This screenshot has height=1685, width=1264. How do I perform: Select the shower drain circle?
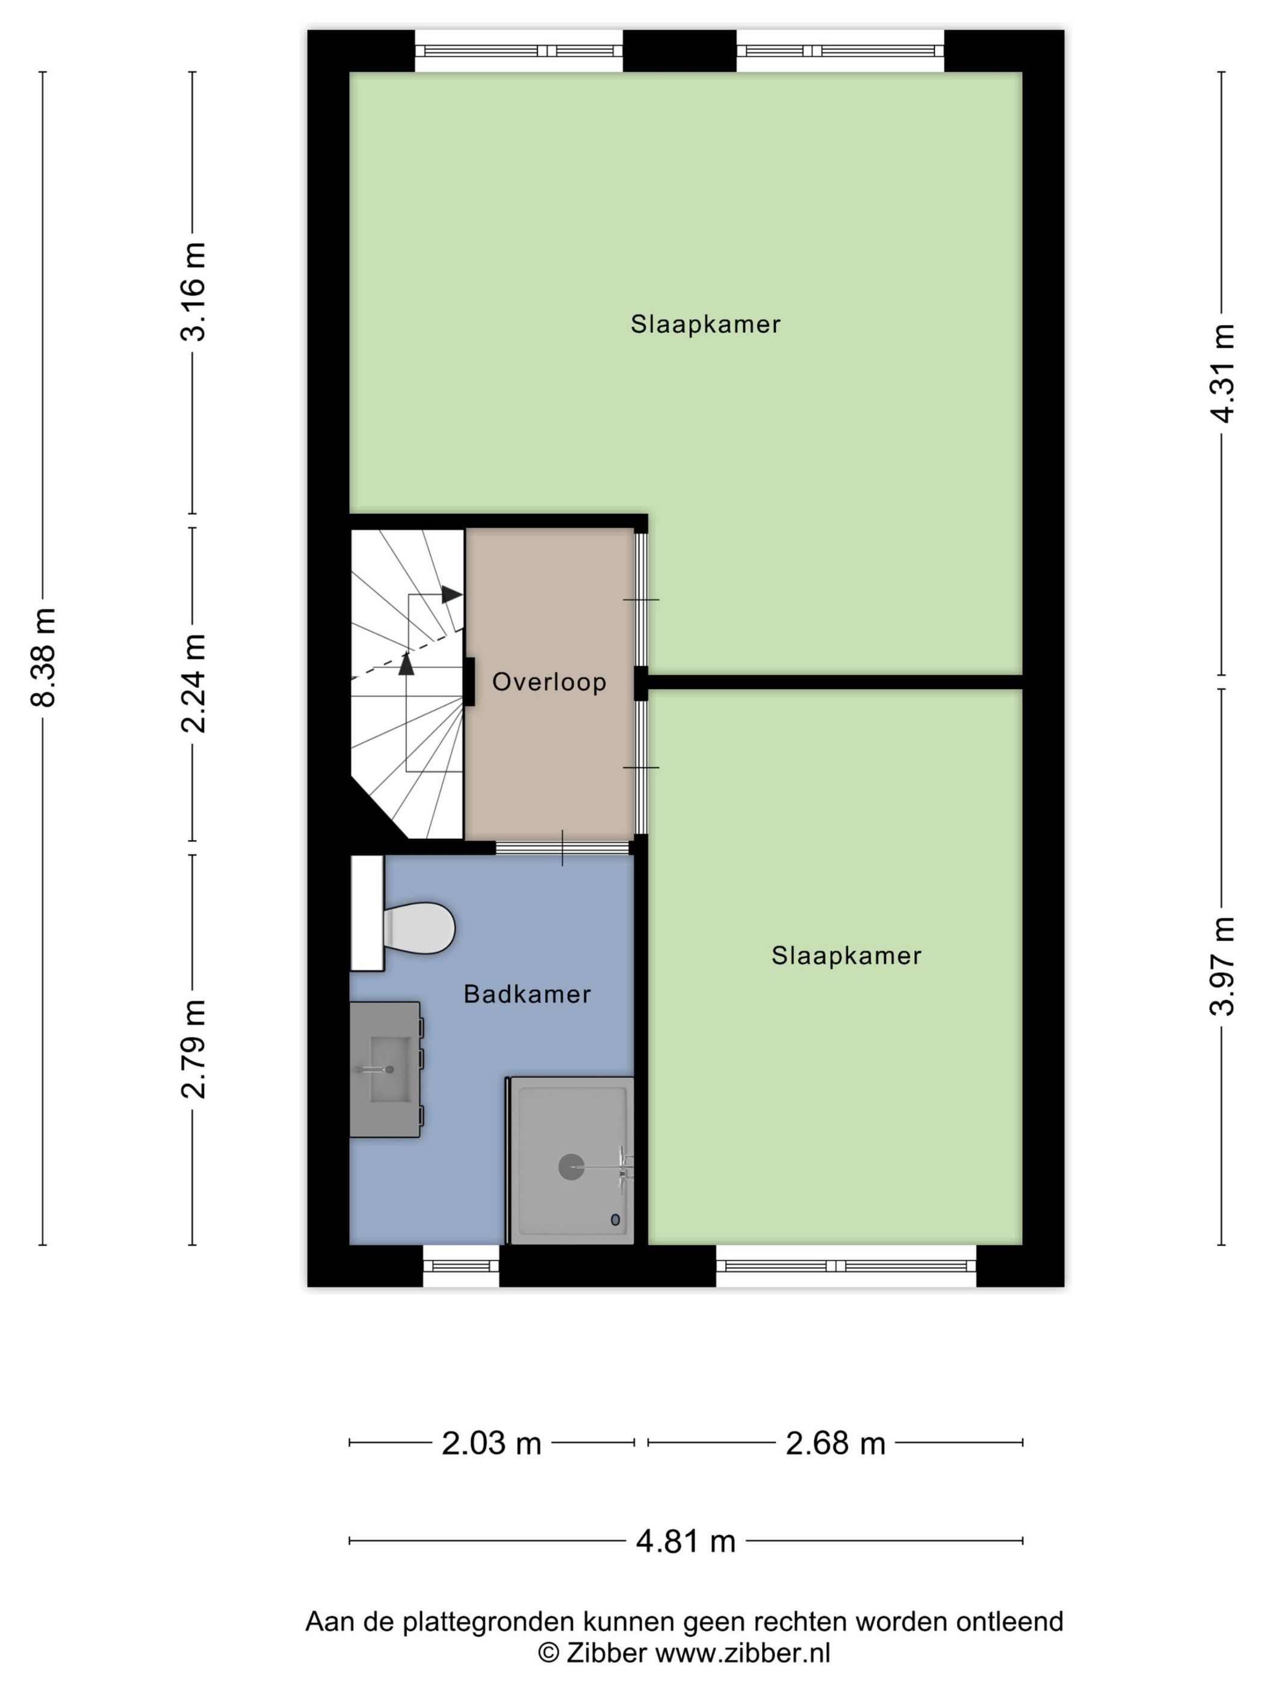coord(571,1166)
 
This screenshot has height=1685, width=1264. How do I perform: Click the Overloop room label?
coord(548,682)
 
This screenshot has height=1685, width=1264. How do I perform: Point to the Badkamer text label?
coord(527,994)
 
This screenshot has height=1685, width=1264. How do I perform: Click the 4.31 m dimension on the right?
coord(1222,373)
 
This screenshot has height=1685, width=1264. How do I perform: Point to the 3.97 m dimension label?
coord(1222,966)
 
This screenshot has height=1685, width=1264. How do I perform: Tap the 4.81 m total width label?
coord(686,1542)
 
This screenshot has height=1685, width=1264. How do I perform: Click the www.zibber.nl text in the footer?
coord(742,1653)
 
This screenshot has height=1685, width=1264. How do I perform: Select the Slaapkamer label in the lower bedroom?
coord(846,955)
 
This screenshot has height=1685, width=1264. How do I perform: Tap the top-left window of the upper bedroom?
coord(518,51)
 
